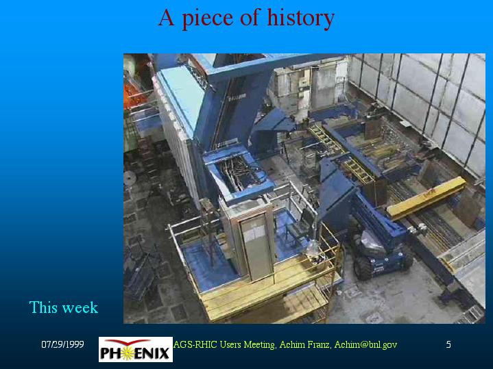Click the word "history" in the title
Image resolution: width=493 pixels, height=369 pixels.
pyautogui.click(x=300, y=18)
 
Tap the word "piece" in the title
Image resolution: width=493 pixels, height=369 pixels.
pyautogui.click(x=208, y=18)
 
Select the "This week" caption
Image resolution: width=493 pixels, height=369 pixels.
pyautogui.click(x=64, y=307)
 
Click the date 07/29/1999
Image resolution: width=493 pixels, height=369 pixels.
pyautogui.click(x=62, y=344)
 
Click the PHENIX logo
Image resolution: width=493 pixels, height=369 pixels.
pyautogui.click(x=136, y=349)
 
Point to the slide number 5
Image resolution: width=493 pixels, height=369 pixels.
pyautogui.click(x=448, y=344)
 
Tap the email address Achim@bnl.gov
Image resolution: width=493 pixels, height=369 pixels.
pyautogui.click(x=365, y=345)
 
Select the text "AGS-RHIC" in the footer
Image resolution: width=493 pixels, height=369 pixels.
pyautogui.click(x=195, y=344)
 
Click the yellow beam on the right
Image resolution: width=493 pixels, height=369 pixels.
pyautogui.click(x=426, y=197)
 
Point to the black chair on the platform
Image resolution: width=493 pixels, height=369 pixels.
pyautogui.click(x=300, y=226)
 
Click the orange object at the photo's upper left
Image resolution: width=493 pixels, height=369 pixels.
pyautogui.click(x=134, y=94)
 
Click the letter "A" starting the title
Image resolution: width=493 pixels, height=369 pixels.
pyautogui.click(x=166, y=18)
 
